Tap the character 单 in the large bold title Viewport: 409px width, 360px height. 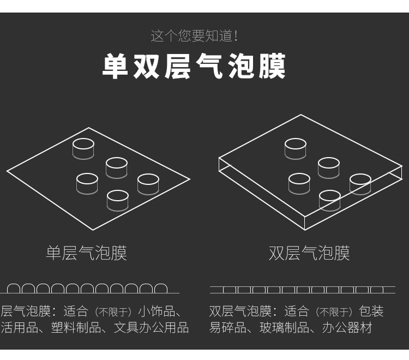tap(115, 66)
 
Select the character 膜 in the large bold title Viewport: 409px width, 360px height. tap(272, 66)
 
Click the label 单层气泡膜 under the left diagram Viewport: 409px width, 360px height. tap(86, 253)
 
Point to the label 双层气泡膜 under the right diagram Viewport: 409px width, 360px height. tap(309, 253)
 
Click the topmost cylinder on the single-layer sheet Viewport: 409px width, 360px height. tap(83, 149)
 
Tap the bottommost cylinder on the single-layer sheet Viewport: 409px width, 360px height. tap(118, 201)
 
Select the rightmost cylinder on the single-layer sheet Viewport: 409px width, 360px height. tap(148, 184)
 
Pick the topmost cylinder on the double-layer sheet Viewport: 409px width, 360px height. tap(295, 149)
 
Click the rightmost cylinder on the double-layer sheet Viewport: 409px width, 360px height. tap(360, 184)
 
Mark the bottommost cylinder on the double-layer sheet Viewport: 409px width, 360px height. tap(330, 201)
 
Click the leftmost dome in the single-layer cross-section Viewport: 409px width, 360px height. tap(14, 284)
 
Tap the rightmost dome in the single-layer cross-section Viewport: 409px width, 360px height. tap(161, 284)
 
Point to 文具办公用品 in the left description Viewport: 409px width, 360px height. tap(151, 328)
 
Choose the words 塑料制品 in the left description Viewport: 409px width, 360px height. tap(76, 328)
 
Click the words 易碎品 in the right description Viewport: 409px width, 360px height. tap(228, 328)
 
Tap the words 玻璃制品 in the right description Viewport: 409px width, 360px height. tap(284, 328)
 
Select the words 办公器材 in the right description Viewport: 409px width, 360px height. tap(347, 328)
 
